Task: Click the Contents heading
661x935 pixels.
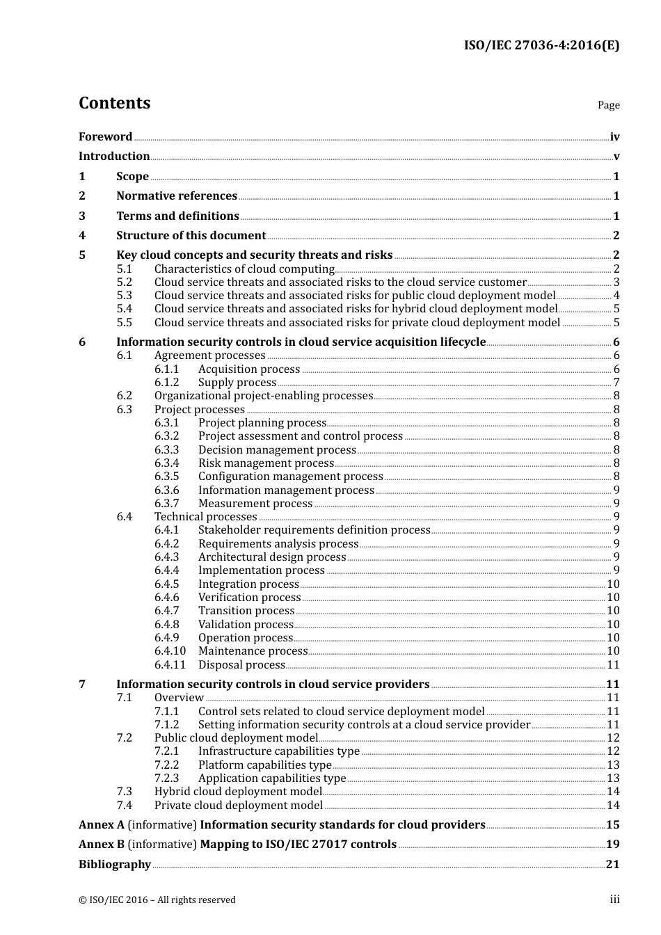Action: click(114, 103)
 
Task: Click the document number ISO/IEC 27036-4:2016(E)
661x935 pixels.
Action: click(541, 46)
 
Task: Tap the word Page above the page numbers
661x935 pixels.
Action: click(608, 105)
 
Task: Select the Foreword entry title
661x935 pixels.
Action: click(105, 136)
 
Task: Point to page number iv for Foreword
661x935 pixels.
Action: click(614, 136)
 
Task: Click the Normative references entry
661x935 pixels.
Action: click(177, 196)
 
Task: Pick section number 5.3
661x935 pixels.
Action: click(124, 296)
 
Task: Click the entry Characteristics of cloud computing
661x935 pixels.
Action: click(244, 269)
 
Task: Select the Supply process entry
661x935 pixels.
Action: click(237, 383)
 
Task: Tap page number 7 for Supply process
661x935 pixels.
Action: click(616, 383)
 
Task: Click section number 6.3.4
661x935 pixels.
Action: click(166, 463)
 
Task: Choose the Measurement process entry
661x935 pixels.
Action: click(255, 504)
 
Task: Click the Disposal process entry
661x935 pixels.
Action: click(241, 665)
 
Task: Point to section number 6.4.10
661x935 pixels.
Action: click(170, 651)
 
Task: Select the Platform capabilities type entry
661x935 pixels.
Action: click(264, 765)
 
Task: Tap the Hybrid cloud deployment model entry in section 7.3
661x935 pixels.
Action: click(238, 792)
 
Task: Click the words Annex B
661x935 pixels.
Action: click(101, 845)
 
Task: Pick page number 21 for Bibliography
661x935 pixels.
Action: click(612, 865)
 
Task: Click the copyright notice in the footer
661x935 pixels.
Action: click(157, 900)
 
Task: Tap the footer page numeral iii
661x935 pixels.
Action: click(614, 900)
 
